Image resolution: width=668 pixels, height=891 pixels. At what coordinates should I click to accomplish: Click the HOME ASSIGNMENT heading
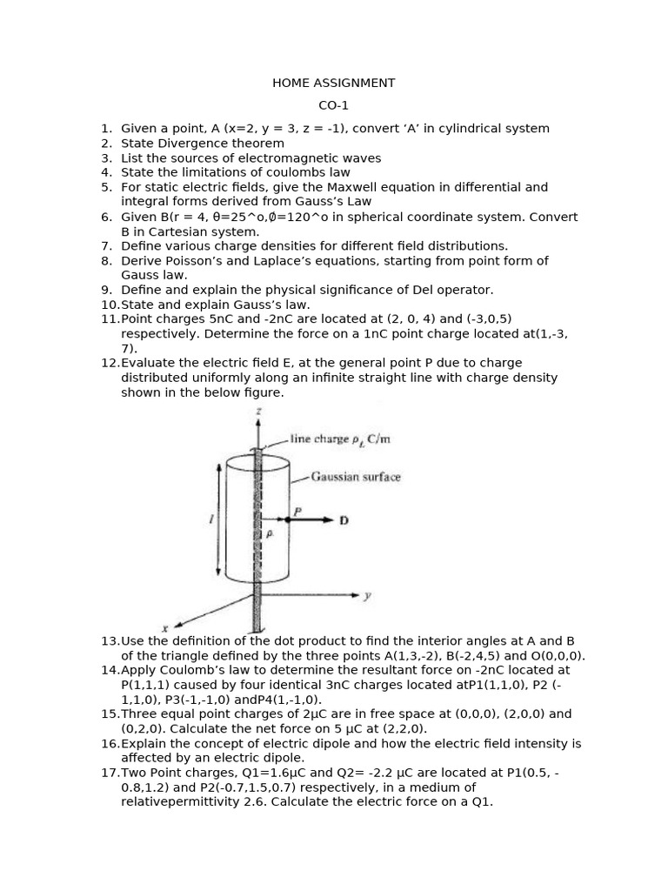pos(333,84)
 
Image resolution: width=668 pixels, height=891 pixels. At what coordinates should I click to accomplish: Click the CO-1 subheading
pos(333,106)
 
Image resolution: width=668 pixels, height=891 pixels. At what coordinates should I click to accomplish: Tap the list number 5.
pos(106,187)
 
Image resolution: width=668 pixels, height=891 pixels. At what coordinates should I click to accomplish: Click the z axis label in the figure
pos(257,410)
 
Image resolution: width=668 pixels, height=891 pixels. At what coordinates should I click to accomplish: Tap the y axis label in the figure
pos(367,596)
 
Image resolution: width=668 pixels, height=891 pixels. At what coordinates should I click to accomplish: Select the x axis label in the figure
pos(164,627)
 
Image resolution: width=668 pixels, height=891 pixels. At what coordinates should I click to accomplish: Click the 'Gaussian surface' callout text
pos(356,478)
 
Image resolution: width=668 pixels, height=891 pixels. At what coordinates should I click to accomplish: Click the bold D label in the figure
pos(344,520)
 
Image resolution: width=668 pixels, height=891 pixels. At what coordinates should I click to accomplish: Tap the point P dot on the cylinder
pos(288,519)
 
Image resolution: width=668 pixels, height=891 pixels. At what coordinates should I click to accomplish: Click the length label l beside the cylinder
pos(210,519)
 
